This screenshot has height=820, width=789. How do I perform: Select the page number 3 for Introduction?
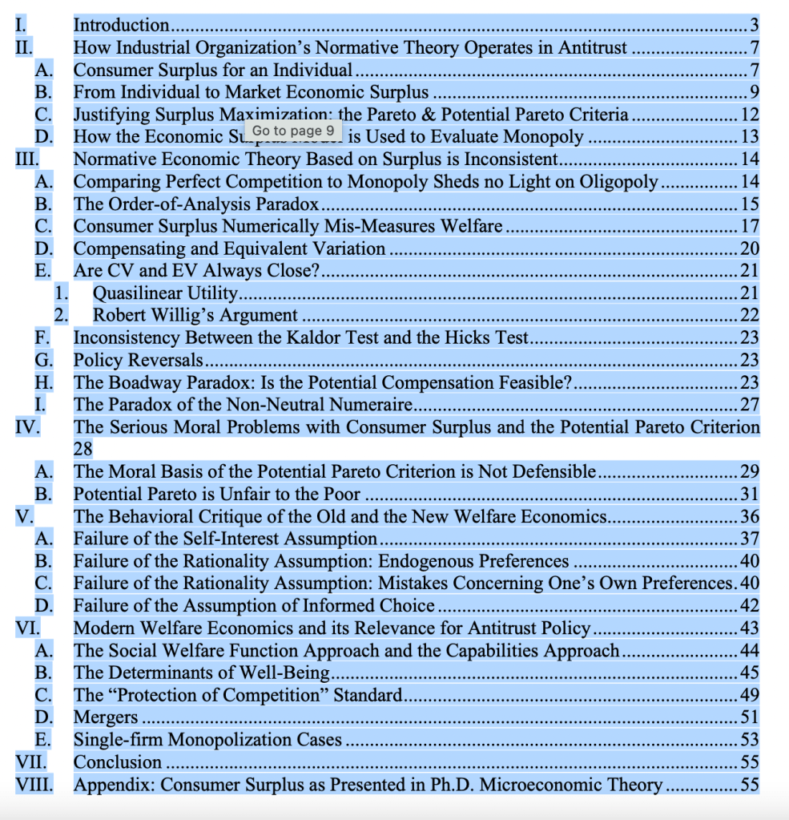pyautogui.click(x=754, y=26)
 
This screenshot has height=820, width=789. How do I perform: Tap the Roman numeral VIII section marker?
pyautogui.click(x=34, y=784)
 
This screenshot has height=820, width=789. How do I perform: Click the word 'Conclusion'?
pyautogui.click(x=118, y=761)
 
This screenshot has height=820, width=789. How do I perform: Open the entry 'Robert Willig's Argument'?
pyautogui.click(x=195, y=315)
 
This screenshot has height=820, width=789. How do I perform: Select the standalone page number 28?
pyautogui.click(x=84, y=449)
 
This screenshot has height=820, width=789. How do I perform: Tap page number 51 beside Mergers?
pyautogui.click(x=750, y=717)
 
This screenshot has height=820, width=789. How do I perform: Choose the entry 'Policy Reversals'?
pyautogui.click(x=138, y=360)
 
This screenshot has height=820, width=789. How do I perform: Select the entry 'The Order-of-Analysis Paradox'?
pyautogui.click(x=196, y=204)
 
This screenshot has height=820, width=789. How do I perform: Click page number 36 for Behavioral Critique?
pyautogui.click(x=750, y=516)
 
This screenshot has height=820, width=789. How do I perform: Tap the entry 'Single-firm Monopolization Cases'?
pyautogui.click(x=207, y=739)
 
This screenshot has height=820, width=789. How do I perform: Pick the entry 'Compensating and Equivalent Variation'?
pyautogui.click(x=229, y=248)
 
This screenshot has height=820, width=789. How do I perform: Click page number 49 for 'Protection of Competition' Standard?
pyautogui.click(x=750, y=694)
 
